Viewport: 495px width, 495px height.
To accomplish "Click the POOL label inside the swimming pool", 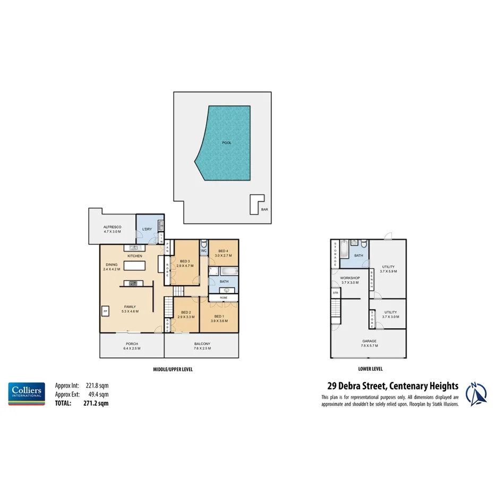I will pos(227,142).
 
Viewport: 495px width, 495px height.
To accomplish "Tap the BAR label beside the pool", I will pos(264,210).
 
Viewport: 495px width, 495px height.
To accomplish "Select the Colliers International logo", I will pos(26,394).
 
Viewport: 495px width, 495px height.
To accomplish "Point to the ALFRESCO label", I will pos(112,227).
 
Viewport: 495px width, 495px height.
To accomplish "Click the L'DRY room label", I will pos(147,229).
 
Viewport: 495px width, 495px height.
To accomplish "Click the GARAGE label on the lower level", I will pos(369,341).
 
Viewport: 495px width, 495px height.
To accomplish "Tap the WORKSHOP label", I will pos(350,278).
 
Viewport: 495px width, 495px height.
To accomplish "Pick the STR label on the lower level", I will pos(335,293).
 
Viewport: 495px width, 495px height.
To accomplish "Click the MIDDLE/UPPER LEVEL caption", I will pos(169,369).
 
